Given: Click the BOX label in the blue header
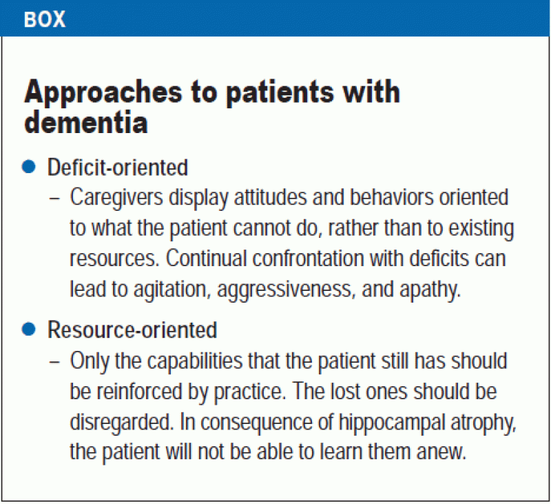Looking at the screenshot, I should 45,19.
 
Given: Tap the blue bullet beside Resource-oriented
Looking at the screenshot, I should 28,329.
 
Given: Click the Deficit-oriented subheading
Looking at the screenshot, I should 117,167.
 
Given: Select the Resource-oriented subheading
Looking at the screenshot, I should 132,330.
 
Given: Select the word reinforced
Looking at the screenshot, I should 145,391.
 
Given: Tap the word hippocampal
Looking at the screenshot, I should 388,421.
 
